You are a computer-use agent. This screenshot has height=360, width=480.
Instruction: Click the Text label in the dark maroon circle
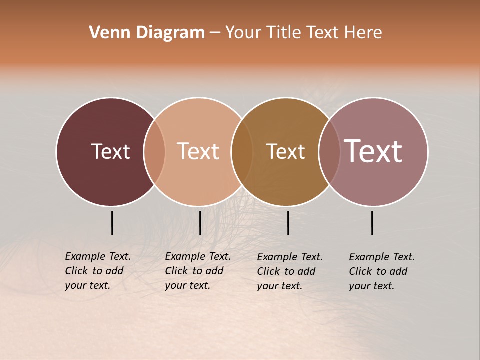point(110,151)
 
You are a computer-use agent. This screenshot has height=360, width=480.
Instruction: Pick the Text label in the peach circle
point(198,151)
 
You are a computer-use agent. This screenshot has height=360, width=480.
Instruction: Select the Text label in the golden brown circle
point(285,151)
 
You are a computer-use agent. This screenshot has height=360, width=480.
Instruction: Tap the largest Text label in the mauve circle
point(373,151)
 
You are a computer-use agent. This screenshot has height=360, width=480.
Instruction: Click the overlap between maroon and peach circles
point(154,151)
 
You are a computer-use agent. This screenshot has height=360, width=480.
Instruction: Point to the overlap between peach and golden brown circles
point(242,151)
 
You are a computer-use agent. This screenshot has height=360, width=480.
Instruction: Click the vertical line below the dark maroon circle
point(112,223)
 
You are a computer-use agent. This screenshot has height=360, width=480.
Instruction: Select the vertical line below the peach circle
point(200,223)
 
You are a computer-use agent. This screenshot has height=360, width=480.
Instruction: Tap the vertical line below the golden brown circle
point(288,223)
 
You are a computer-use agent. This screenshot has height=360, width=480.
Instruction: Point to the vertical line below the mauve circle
point(372,223)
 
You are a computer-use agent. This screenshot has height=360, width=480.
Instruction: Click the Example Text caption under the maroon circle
point(97,271)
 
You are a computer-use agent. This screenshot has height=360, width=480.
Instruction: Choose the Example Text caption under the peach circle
point(197,271)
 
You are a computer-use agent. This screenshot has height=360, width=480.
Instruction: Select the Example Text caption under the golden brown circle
point(289,271)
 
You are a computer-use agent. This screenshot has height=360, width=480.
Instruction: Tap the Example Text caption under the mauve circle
point(381,271)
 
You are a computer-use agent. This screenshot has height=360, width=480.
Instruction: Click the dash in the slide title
point(215,33)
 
